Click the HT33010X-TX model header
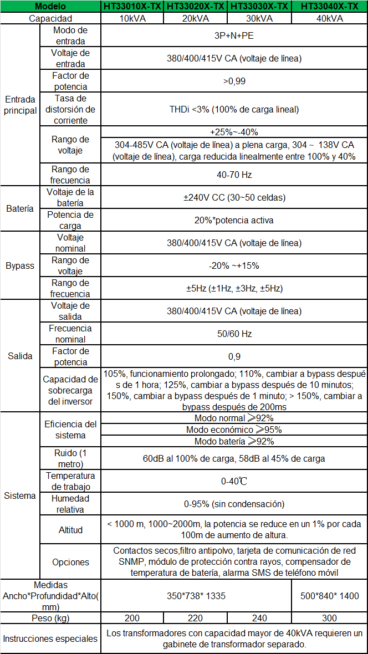(x=132, y=7)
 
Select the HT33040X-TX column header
(x=329, y=7)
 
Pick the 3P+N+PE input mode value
(x=234, y=36)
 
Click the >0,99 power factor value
(x=234, y=81)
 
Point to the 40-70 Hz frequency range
(x=234, y=175)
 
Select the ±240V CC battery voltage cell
(x=234, y=197)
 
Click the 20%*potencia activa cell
(x=234, y=220)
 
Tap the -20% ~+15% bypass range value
(x=234, y=265)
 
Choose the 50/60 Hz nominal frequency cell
(x=234, y=334)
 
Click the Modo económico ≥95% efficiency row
(x=234, y=430)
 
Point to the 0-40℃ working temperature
(x=234, y=481)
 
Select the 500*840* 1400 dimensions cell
(x=329, y=596)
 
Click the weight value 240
(x=259, y=618)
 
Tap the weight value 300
(x=329, y=618)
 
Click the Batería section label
(x=20, y=209)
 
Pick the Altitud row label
(x=70, y=530)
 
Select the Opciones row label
(x=70, y=562)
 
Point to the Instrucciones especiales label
(x=50, y=638)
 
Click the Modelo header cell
(x=50, y=7)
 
